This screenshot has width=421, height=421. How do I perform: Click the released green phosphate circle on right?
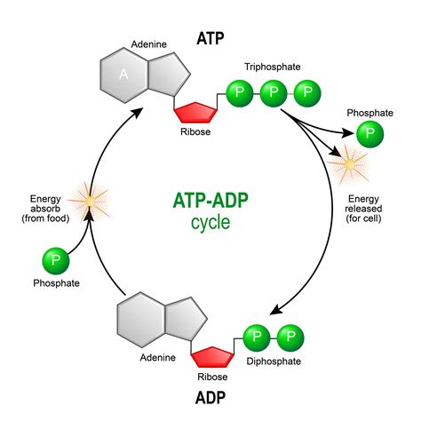370,135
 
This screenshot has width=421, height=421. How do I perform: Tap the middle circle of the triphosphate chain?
273,92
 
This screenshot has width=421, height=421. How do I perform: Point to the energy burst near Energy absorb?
87,203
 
